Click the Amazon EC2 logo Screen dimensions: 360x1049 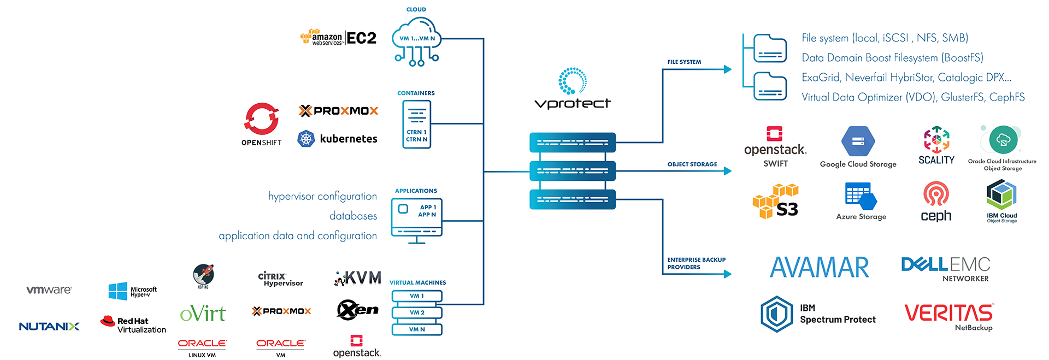point(338,38)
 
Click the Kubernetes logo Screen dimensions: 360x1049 point(337,139)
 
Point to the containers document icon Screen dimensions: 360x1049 point(416,124)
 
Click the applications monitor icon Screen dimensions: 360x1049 point(416,219)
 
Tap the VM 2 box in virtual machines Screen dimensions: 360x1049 point(417,312)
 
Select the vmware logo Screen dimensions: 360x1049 point(49,290)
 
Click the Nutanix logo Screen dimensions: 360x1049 point(49,326)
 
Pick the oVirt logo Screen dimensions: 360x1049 point(203,314)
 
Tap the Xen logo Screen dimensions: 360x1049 point(358,310)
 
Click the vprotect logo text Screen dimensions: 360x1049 point(572,103)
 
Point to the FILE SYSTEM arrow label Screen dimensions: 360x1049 point(684,62)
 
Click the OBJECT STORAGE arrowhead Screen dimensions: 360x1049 point(727,171)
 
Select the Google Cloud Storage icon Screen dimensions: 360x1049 point(858,141)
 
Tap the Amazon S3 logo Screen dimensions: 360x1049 point(776,202)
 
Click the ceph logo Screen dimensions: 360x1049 point(936,202)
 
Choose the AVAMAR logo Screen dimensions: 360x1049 point(819,268)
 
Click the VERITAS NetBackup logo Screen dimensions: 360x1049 point(949,316)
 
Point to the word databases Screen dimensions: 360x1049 point(353,216)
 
